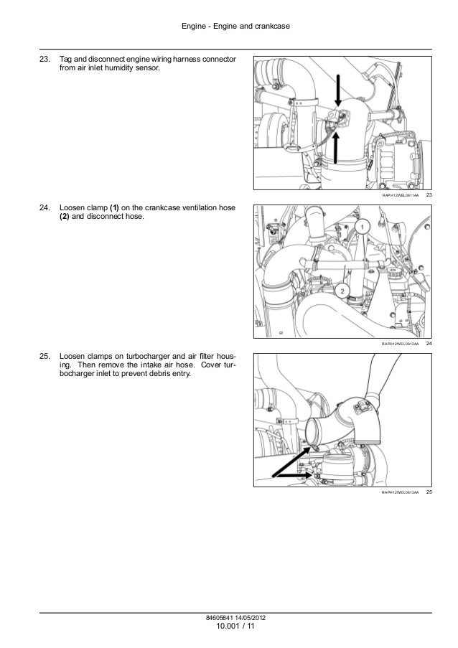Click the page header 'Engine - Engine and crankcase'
point(235,26)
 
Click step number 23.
point(45,59)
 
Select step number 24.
point(45,207)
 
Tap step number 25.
point(45,356)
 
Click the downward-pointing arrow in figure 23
point(339,91)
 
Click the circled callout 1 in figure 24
point(363,227)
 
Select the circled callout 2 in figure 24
point(342,291)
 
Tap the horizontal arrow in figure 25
point(294,475)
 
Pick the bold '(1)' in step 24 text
point(114,207)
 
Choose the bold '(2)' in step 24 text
point(65,216)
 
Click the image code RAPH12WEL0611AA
point(400,195)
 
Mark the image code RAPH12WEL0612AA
point(400,344)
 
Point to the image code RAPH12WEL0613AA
point(400,492)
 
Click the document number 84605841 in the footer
point(217,618)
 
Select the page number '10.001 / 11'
point(235,626)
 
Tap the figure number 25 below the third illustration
point(429,492)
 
